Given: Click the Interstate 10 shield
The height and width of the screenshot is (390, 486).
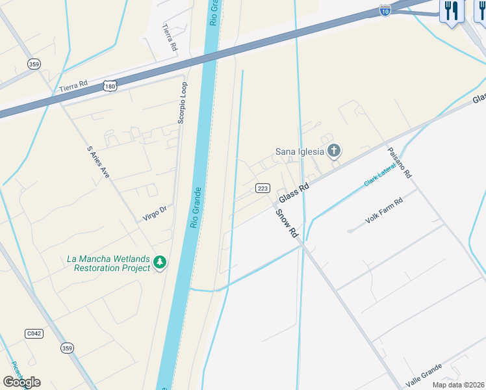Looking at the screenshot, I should (385, 11).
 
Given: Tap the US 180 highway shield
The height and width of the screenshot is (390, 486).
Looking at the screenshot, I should (110, 86).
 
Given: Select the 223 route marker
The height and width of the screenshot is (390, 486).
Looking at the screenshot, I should (262, 188).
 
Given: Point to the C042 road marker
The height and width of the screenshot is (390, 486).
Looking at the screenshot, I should (34, 333).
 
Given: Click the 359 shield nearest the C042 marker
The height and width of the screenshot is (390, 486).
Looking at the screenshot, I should (66, 348).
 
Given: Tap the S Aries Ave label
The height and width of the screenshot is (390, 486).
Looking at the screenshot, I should (97, 162).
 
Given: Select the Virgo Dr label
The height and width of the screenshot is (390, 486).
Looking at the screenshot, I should (155, 214).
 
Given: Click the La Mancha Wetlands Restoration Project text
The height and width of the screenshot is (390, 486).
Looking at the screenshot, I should (104, 263).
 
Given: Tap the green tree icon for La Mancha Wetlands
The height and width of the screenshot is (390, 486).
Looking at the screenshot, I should (160, 263).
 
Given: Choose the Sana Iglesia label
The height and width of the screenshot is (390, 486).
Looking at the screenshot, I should (300, 152).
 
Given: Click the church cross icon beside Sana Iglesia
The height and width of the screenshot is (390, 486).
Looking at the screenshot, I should (333, 152).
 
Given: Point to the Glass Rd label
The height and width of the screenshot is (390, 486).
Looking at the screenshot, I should (294, 193).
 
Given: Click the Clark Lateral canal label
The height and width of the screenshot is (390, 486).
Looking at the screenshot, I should (379, 175).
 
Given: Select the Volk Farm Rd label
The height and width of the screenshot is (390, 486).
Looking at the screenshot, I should (384, 211).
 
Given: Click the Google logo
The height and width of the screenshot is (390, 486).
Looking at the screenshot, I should (21, 382).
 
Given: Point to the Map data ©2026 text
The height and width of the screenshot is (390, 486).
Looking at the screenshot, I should (458, 385).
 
